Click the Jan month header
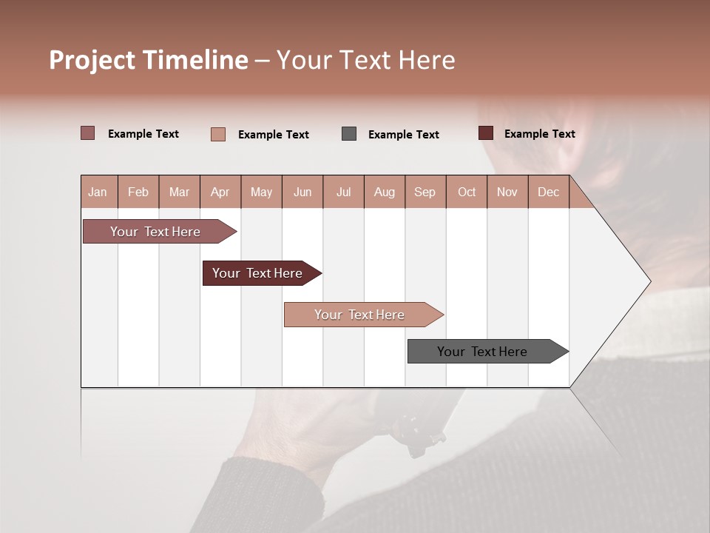98,192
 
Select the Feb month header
138,192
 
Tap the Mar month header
179,192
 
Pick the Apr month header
220,192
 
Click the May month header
261,192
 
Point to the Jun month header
302,192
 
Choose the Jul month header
343,192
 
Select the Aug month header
384,192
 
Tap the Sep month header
425,192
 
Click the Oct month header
467,192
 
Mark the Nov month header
507,192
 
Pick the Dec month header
548,192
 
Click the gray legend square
349,134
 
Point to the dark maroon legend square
486,133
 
